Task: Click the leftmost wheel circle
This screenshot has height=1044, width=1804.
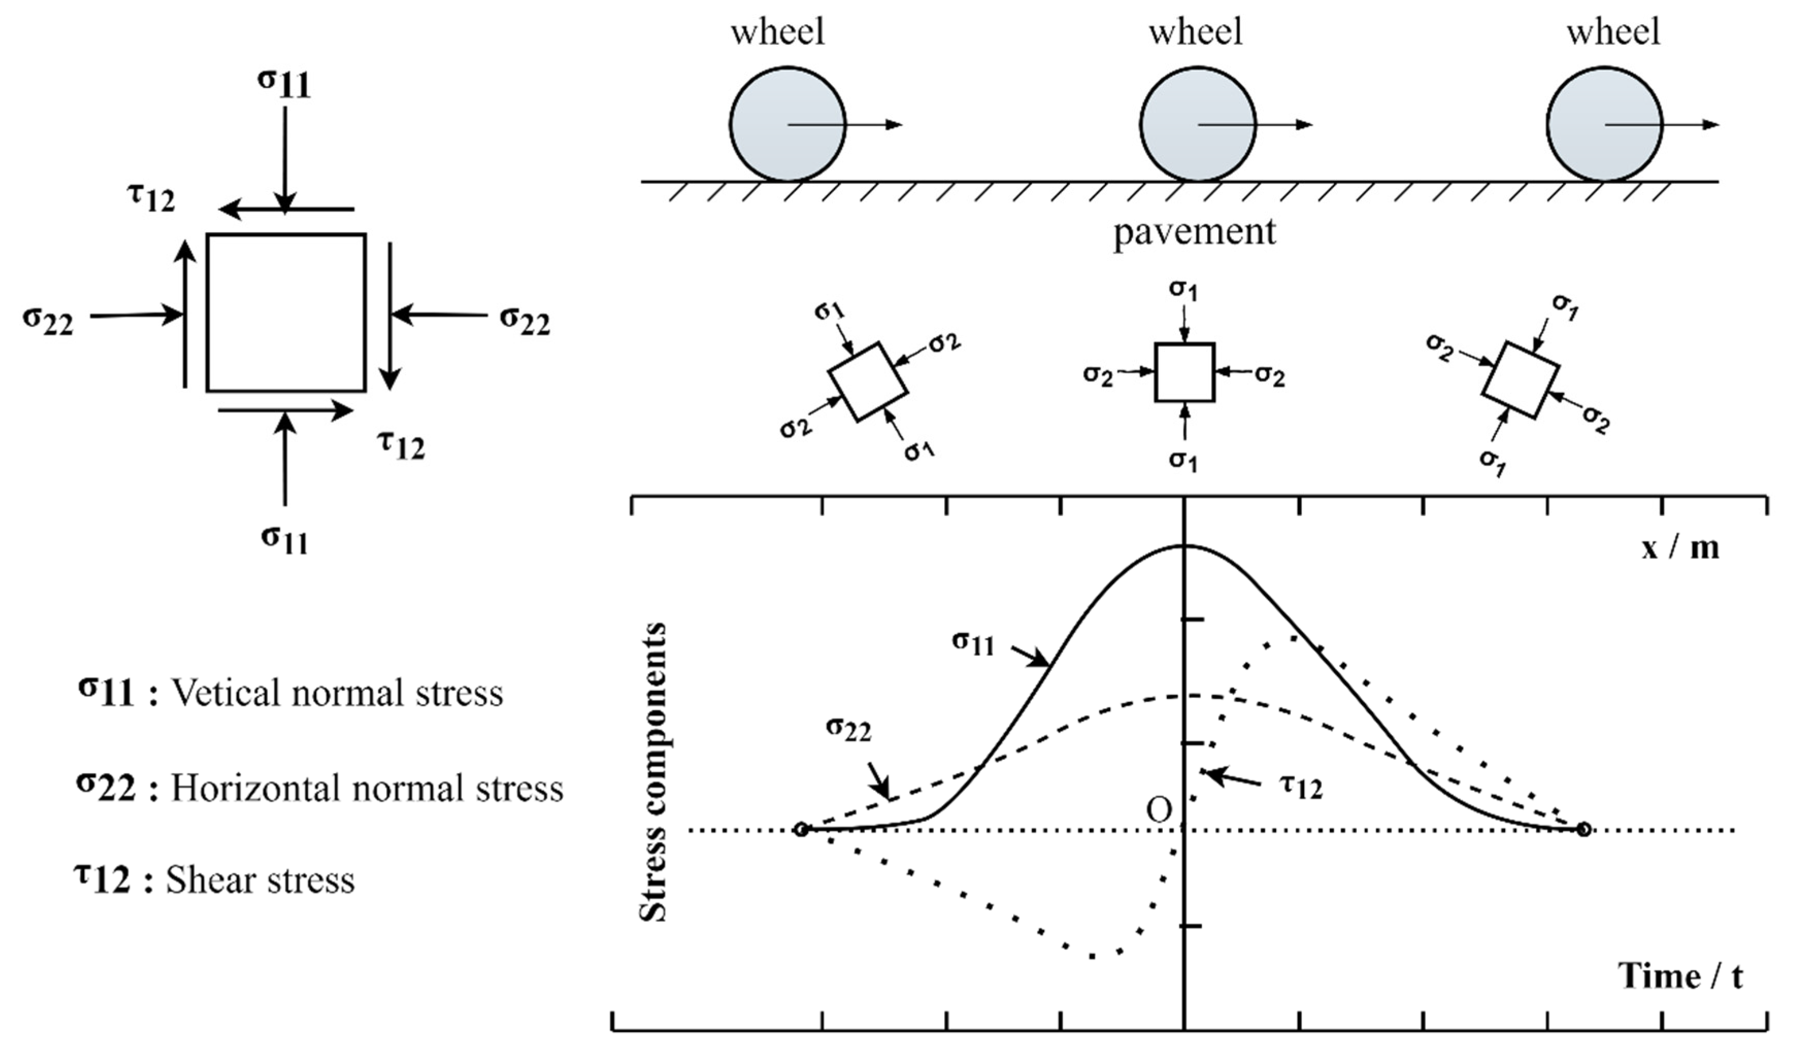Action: (x=788, y=125)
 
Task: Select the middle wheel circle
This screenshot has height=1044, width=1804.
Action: (x=1198, y=125)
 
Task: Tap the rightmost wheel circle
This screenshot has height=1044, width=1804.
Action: (x=1604, y=125)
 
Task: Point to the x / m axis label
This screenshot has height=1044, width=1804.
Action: (x=1679, y=548)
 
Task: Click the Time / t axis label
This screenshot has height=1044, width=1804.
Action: (x=1680, y=977)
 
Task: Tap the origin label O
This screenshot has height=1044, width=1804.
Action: (x=1159, y=810)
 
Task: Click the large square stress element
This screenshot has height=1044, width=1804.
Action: (x=287, y=313)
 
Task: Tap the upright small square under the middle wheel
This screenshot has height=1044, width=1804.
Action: (x=1185, y=372)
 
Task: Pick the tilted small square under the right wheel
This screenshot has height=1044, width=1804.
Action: (x=1520, y=380)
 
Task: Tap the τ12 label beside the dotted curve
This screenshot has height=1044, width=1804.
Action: (x=1301, y=786)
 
